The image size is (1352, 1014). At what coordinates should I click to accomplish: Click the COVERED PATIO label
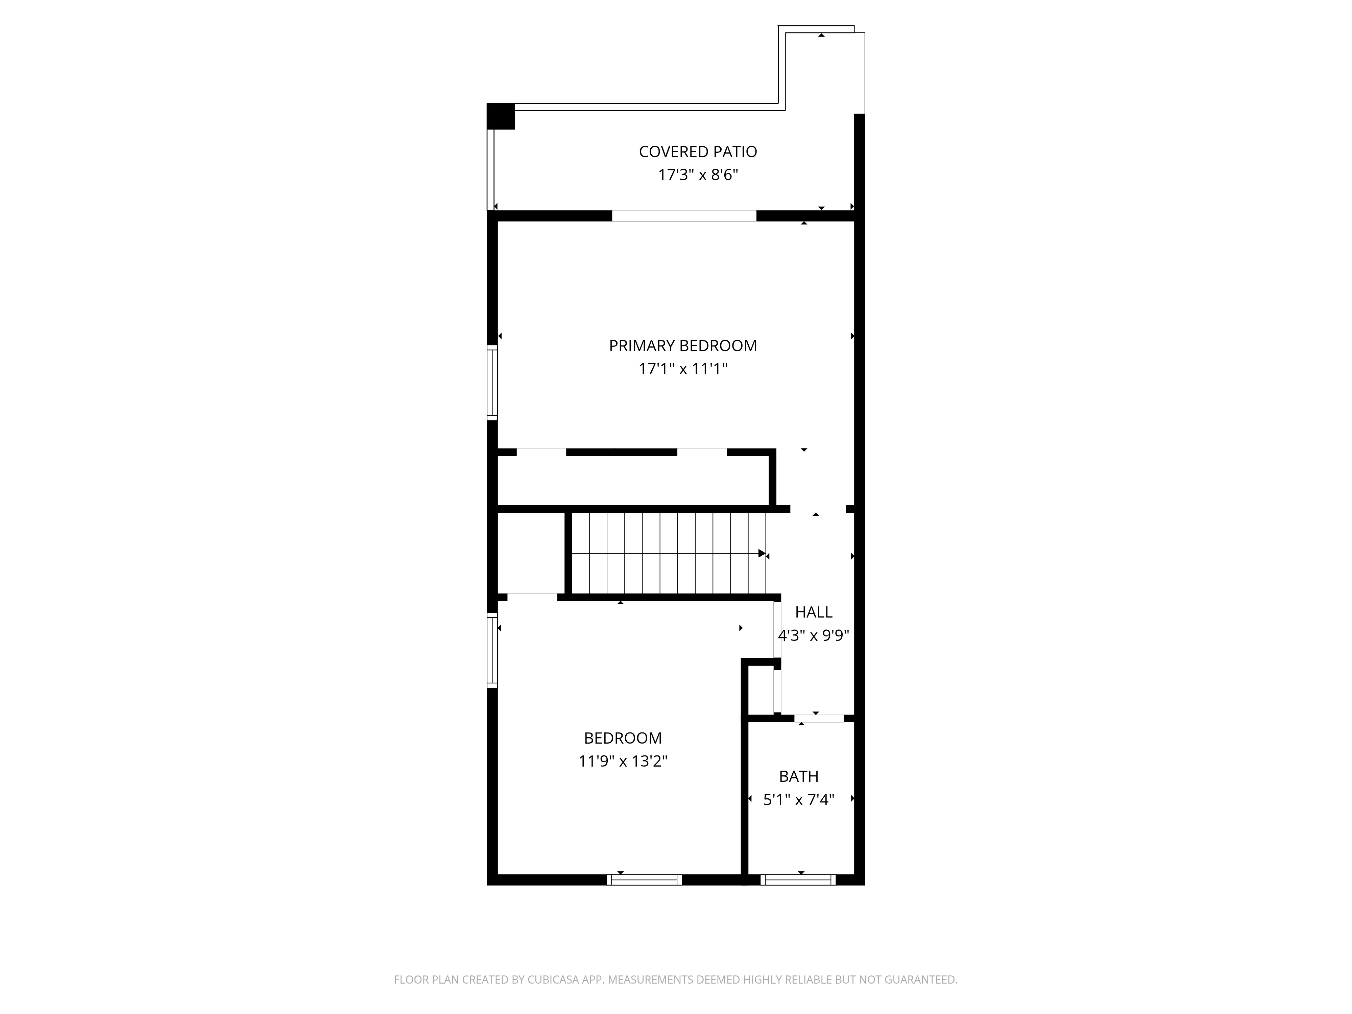pyautogui.click(x=697, y=151)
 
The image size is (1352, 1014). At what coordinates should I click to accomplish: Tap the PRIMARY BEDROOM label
pyautogui.click(x=683, y=346)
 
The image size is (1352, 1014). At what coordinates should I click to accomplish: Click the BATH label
pyautogui.click(x=798, y=777)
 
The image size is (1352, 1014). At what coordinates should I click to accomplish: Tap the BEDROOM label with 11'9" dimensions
pyautogui.click(x=622, y=738)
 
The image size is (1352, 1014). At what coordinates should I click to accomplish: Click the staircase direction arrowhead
pyautogui.click(x=762, y=554)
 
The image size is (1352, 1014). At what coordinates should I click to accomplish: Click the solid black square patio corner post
pyautogui.click(x=501, y=116)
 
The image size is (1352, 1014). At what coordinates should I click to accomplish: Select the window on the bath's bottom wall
pyautogui.click(x=798, y=880)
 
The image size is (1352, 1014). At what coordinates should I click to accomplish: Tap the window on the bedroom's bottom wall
pyautogui.click(x=644, y=880)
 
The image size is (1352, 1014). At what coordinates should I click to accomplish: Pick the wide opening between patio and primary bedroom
pyautogui.click(x=684, y=216)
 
